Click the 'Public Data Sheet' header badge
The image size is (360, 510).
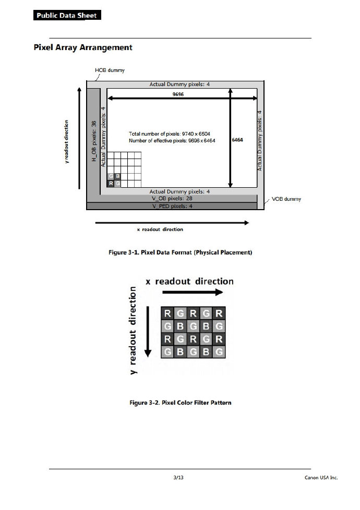[x=67, y=15]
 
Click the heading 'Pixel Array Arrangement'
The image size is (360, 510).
[x=83, y=47]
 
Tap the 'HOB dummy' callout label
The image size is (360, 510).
[x=110, y=70]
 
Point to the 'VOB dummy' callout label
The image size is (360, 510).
[x=286, y=199]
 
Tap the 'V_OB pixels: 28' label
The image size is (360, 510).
[x=172, y=199]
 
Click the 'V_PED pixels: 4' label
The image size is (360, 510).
[x=172, y=206]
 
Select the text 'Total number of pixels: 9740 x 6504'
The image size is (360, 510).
[x=169, y=134]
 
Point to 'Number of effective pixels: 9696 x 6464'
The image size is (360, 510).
[x=172, y=141]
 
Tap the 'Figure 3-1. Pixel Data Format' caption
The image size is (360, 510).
[x=180, y=252]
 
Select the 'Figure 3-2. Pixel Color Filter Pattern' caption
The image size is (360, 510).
[x=180, y=403]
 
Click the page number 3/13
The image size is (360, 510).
[x=178, y=477]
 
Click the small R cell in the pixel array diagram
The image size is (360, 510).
[x=111, y=183]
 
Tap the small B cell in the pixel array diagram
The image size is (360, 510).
[x=117, y=176]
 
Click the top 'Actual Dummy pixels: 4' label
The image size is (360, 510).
[x=179, y=84]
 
